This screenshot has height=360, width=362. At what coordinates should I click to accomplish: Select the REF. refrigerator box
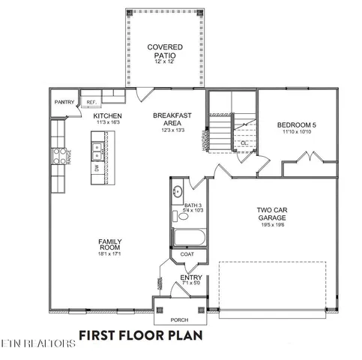tap(91, 101)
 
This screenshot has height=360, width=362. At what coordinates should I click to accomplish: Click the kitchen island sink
tap(97, 153)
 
